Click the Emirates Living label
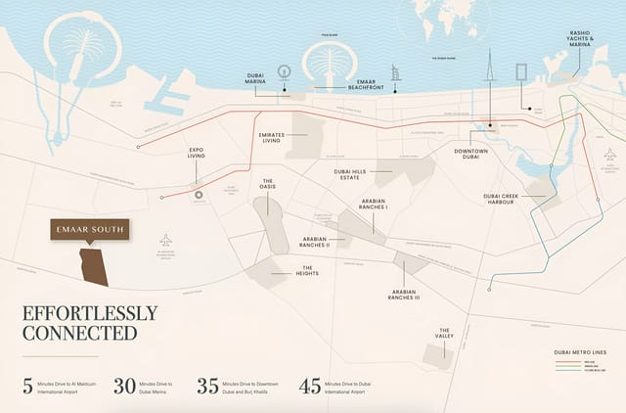coord(278,137)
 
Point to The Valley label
coord(445,334)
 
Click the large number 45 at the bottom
coord(309,385)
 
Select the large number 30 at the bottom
coord(125,385)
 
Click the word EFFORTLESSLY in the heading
coord(89,314)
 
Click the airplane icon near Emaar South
coord(165,240)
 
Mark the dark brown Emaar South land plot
coord(94,265)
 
